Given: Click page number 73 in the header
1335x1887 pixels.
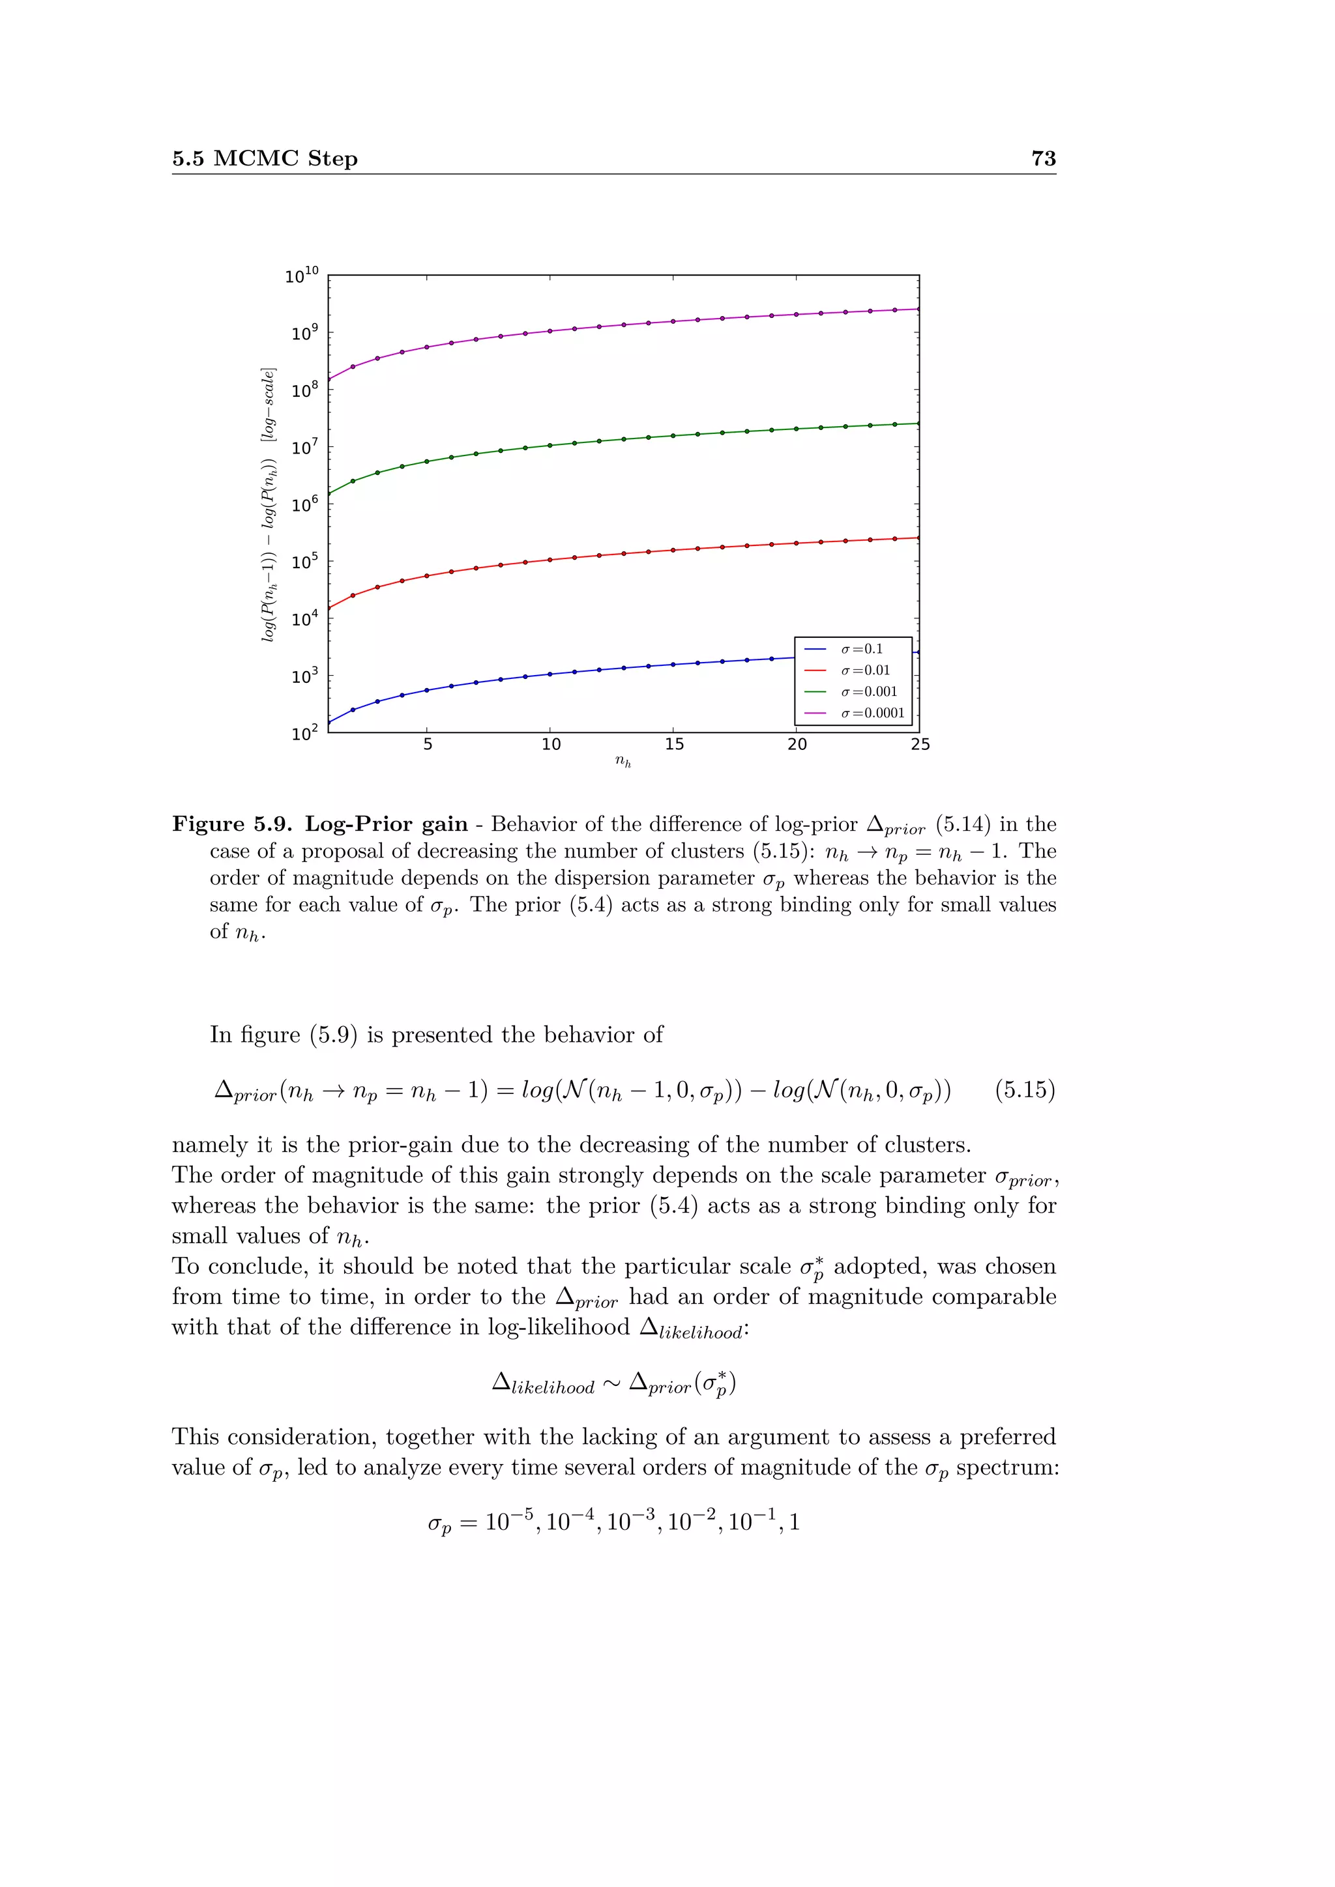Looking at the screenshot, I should click(1042, 158).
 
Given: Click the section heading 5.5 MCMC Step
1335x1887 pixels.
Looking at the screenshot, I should click(265, 158).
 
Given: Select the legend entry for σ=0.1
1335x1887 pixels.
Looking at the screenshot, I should click(860, 649).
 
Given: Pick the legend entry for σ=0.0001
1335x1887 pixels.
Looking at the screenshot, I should click(872, 713).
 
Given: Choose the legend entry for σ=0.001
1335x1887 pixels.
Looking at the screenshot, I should click(868, 692).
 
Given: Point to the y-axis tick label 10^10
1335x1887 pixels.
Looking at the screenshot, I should click(301, 276).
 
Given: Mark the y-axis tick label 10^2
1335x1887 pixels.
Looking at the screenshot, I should click(304, 733).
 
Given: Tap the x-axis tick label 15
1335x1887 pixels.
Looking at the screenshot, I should click(673, 745).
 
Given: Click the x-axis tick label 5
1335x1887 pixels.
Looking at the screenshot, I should click(428, 745).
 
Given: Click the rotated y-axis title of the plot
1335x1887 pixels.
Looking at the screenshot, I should click(268, 506).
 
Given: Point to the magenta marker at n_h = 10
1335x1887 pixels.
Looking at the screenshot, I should click(550, 330).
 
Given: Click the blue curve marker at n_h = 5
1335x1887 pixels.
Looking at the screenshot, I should click(427, 691).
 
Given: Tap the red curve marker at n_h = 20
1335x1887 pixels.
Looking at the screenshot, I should click(796, 543).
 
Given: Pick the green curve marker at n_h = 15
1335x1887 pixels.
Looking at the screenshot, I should click(673, 436).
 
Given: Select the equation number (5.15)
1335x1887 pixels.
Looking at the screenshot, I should click(1024, 1090).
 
